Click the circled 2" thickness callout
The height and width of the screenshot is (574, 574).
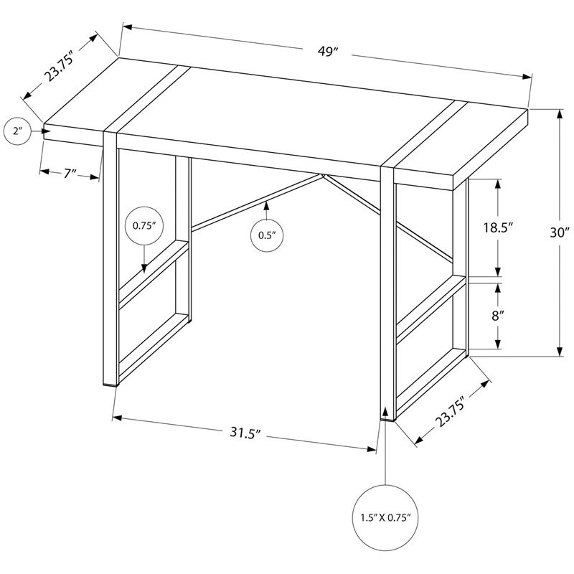17,131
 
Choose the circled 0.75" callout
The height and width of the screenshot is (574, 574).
145,225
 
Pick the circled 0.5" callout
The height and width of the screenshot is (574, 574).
267,234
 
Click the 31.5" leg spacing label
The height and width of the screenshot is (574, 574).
245,433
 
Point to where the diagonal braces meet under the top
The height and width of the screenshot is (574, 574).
323,175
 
